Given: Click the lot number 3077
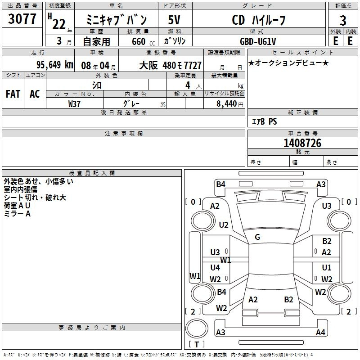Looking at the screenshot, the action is click(x=22, y=18).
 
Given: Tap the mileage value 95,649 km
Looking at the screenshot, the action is click(x=54, y=65).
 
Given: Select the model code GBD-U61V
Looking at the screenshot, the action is click(x=258, y=41).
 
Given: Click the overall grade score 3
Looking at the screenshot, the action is click(x=343, y=20).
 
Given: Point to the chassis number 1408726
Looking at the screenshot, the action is click(x=302, y=143).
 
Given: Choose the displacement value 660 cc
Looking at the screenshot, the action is click(x=143, y=41).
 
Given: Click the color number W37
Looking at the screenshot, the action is click(x=74, y=104).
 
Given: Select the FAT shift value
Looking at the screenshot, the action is click(x=13, y=94).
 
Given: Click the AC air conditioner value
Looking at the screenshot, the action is click(x=35, y=94).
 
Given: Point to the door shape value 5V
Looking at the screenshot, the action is click(x=174, y=20).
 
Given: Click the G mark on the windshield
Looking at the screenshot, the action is click(x=257, y=237).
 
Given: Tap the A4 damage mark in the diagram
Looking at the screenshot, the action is click(x=320, y=332).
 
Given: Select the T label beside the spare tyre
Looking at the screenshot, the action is click(x=197, y=344).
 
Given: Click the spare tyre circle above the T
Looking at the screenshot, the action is click(x=197, y=328).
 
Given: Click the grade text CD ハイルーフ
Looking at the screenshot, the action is click(x=259, y=20).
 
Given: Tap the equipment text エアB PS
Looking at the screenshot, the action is click(x=265, y=121).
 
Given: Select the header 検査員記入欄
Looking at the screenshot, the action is click(x=92, y=173).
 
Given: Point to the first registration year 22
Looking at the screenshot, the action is click(x=59, y=24).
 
